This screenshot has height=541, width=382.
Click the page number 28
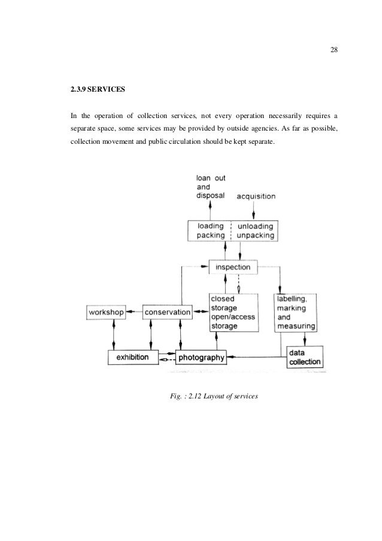click(334, 50)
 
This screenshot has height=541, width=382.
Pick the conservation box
click(168, 312)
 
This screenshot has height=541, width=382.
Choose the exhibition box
click(133, 357)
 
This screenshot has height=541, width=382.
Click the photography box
click(201, 358)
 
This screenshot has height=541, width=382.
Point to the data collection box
click(304, 357)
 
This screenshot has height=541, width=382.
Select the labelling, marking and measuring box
click(295, 312)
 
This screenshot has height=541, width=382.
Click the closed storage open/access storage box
click(234, 312)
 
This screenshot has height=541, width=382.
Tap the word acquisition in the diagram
click(256, 196)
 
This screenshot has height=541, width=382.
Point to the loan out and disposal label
click(210, 186)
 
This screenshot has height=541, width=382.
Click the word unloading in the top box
click(256, 226)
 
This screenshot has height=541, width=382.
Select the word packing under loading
click(211, 235)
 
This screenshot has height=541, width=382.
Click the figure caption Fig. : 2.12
click(214, 395)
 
